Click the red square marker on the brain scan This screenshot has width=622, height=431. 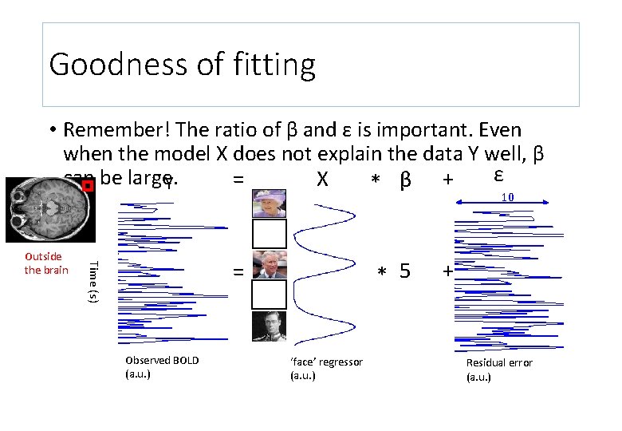[88, 186]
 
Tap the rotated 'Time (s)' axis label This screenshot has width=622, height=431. [94, 281]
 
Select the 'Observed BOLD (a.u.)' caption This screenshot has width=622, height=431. [162, 366]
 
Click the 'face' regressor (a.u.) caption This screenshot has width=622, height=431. [325, 368]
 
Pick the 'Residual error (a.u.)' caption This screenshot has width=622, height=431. [499, 369]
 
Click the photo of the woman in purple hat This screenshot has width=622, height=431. [269, 203]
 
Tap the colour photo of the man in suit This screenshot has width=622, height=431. [269, 264]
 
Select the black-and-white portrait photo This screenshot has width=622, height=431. [269, 326]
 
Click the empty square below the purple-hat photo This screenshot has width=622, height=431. [269, 233]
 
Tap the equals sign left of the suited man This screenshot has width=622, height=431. [238, 272]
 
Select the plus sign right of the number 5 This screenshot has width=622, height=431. [448, 272]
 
